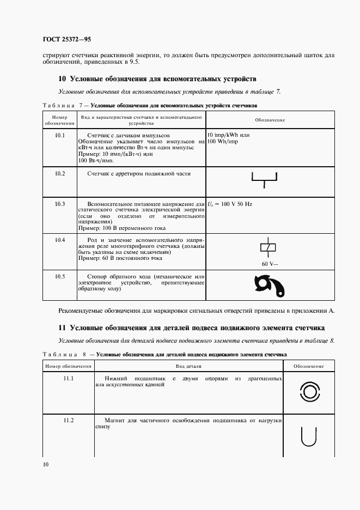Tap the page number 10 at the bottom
point(46,464)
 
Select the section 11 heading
point(191,328)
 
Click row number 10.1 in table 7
point(60,134)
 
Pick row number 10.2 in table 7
point(60,173)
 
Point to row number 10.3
point(60,204)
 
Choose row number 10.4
point(60,240)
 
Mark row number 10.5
point(60,276)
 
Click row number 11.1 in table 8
point(69,378)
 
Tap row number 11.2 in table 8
point(69,420)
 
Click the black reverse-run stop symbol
point(269,286)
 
